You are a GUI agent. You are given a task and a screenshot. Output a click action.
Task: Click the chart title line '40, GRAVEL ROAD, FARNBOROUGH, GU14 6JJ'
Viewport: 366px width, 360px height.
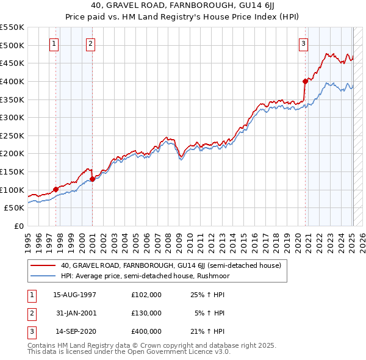pyautogui.click(x=183, y=5)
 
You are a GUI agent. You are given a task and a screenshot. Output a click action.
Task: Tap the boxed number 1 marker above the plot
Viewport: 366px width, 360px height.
pyautogui.click(x=55, y=43)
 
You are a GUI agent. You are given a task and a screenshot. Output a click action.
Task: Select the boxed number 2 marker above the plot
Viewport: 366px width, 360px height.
pyautogui.click(x=90, y=43)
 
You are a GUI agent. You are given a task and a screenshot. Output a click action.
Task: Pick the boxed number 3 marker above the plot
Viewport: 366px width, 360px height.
pyautogui.click(x=303, y=43)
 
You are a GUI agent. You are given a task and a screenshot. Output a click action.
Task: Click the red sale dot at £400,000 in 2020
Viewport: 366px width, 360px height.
pyautogui.click(x=305, y=81)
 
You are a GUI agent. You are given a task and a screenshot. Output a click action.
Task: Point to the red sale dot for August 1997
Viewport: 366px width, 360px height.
pyautogui.click(x=56, y=189)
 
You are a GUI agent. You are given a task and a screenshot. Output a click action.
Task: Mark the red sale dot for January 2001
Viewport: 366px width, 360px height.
pyautogui.click(x=92, y=179)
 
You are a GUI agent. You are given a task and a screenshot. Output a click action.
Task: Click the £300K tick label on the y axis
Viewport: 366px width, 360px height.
pyautogui.click(x=12, y=117)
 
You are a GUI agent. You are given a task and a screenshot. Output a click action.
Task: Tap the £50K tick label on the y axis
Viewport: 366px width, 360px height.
pyautogui.click(x=15, y=208)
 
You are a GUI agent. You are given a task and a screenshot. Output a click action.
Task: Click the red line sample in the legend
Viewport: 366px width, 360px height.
pyautogui.click(x=43, y=265)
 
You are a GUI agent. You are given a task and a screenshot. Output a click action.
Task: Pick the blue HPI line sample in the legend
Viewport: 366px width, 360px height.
pyautogui.click(x=43, y=275)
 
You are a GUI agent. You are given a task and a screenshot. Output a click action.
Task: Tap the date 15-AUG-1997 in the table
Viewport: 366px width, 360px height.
pyautogui.click(x=74, y=294)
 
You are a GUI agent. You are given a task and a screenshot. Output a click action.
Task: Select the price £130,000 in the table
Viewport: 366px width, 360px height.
pyautogui.click(x=146, y=312)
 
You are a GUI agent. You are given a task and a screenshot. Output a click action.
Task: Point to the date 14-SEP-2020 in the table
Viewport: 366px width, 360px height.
pyautogui.click(x=74, y=331)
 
